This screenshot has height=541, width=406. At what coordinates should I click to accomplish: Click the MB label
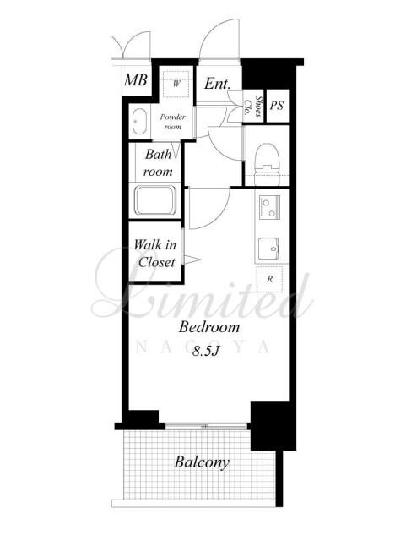(136, 80)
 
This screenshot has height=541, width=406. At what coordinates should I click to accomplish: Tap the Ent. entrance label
(217, 83)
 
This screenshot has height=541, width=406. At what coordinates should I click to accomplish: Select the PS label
(277, 105)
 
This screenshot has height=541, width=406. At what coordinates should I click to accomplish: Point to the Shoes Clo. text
(253, 106)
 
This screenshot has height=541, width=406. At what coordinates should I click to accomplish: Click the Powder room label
(173, 122)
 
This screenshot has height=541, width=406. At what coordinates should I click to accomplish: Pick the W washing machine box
(176, 85)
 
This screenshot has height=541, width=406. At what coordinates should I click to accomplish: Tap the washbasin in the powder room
(139, 122)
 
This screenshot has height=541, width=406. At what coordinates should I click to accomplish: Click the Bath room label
(158, 162)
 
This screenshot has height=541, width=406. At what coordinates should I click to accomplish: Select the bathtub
(155, 200)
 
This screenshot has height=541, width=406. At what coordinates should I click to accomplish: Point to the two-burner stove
(269, 206)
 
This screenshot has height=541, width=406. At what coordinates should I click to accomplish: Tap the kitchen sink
(269, 247)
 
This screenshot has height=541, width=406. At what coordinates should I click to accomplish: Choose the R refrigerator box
(269, 279)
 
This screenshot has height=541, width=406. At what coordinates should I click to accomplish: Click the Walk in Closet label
(155, 254)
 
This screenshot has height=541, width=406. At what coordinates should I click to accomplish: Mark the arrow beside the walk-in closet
(192, 260)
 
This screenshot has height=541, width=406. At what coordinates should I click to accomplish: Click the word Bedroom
(208, 327)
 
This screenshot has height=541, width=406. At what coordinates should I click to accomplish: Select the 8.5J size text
(206, 351)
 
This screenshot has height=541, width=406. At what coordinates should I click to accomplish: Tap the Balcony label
(202, 462)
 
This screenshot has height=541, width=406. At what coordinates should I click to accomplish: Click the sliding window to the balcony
(206, 426)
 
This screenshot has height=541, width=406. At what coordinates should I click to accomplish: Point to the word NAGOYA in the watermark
(203, 347)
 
